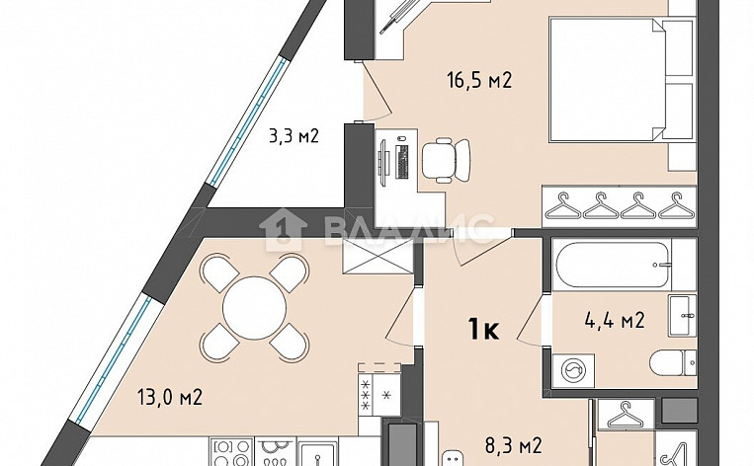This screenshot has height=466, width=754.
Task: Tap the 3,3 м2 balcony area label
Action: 294,135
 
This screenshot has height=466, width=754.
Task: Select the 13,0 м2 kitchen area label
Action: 170,398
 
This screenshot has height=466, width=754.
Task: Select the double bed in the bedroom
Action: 608,84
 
